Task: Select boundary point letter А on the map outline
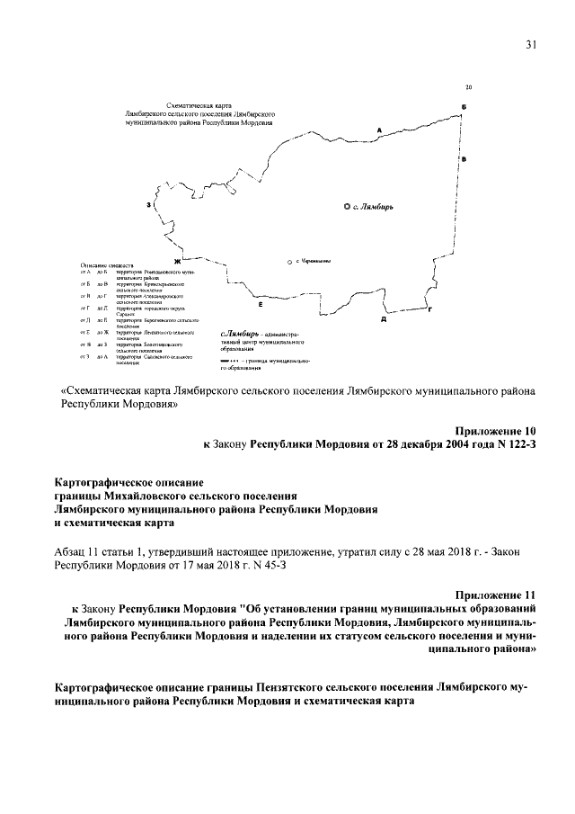coord(380,130)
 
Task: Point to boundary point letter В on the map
coord(464,159)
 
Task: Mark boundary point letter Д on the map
coord(384,318)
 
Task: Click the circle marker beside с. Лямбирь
coord(348,207)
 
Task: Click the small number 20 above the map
coord(469,87)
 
